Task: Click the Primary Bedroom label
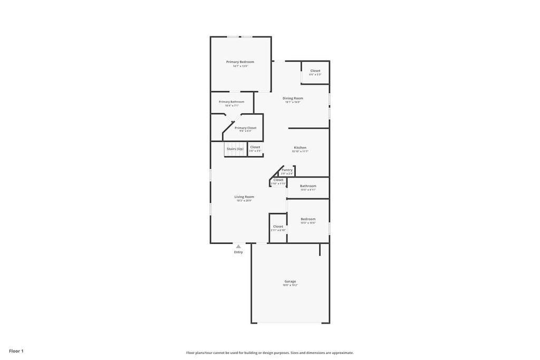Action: click(x=240, y=62)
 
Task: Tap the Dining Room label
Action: click(x=293, y=98)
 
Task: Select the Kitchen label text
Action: click(x=300, y=148)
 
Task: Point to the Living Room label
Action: click(x=244, y=197)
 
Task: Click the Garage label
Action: click(x=290, y=281)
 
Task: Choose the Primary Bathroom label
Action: click(x=232, y=102)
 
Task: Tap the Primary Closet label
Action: click(x=245, y=128)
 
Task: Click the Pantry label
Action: click(x=287, y=170)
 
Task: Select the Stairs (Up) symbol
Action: click(x=235, y=149)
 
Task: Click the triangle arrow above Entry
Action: click(x=238, y=246)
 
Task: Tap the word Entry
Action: click(x=238, y=252)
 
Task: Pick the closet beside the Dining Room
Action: click(x=315, y=72)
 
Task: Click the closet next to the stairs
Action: click(x=255, y=149)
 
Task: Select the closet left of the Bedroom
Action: click(x=278, y=228)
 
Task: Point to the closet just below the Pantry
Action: click(x=278, y=181)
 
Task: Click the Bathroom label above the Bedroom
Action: click(x=308, y=186)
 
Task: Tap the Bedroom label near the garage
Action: click(x=308, y=219)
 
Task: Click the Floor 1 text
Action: click(x=16, y=351)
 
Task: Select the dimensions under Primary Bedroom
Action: click(x=240, y=66)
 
